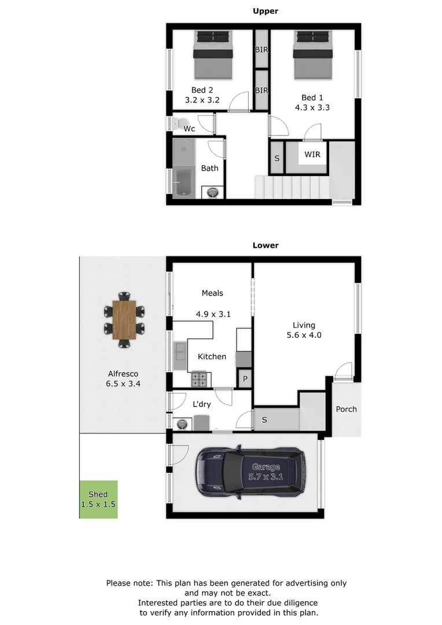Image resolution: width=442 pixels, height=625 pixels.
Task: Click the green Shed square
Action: (x=98, y=499)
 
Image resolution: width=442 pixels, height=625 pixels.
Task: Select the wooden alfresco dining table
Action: (x=124, y=320)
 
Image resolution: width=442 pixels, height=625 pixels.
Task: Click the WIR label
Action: (x=312, y=155)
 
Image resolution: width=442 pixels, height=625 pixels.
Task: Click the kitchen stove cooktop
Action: (x=200, y=379)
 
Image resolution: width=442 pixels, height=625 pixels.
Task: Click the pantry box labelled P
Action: (x=245, y=379)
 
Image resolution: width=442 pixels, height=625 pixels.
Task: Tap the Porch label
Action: (x=347, y=409)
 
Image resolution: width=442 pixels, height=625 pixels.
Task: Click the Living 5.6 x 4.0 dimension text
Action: (x=307, y=335)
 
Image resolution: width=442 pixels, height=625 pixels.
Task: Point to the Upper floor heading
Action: (x=266, y=11)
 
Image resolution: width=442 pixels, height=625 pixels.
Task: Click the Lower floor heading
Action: (x=266, y=245)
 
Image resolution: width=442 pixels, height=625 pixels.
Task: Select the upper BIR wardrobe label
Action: (x=261, y=50)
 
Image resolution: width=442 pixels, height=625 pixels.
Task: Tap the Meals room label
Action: (x=212, y=293)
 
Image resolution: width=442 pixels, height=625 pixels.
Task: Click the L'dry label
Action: (x=201, y=404)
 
